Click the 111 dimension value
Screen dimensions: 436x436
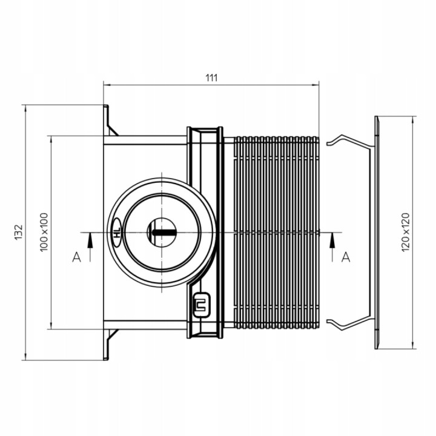pos(211,78)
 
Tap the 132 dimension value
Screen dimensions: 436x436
pos(18,232)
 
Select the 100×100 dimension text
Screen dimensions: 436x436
pos(44,232)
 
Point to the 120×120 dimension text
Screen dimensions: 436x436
pos(406,232)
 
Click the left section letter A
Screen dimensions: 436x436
pos(76,257)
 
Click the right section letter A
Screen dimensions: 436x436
pos(346,257)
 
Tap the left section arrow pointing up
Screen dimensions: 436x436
pos(90,247)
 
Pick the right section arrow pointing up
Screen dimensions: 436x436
pos(332,247)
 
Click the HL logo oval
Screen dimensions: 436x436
pos(117,233)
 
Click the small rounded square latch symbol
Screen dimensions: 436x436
pos(202,305)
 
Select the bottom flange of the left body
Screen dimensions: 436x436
pos(109,345)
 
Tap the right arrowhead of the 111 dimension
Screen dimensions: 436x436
pos(315,85)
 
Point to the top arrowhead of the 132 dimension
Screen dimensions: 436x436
pos(25,109)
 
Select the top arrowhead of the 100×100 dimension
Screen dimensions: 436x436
pos(51,140)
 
